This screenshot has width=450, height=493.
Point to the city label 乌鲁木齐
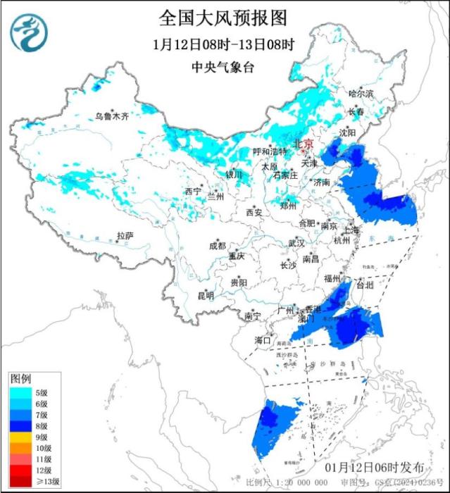point(113,117)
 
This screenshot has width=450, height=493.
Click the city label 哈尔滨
point(361,94)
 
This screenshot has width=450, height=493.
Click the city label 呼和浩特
point(270,152)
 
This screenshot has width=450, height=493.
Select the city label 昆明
point(206,295)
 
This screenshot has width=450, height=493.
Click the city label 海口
point(262,340)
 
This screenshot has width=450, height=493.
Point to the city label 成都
point(218,246)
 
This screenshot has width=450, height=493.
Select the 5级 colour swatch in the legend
point(18,392)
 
